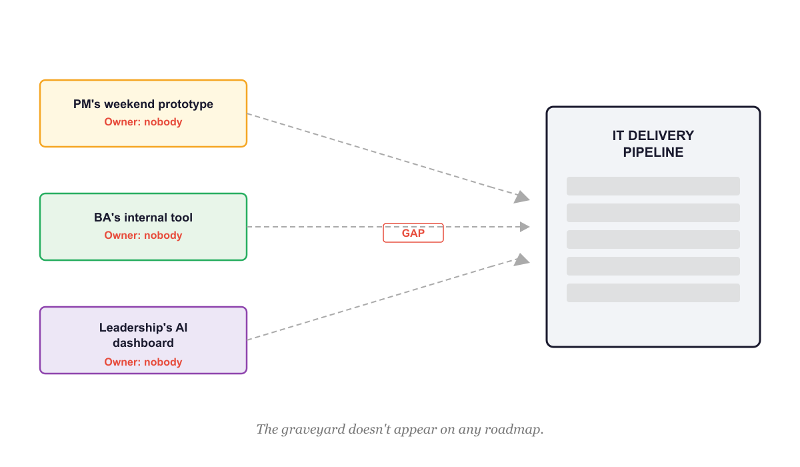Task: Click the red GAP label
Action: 413,233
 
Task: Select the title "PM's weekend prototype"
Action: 143,104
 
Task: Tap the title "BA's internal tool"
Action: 143,217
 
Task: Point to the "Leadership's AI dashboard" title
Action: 143,335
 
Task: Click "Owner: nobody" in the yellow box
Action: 143,122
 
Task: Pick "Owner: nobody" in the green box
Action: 143,236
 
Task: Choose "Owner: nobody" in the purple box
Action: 143,362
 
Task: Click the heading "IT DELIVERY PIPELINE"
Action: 653,143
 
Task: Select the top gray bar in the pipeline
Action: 653,186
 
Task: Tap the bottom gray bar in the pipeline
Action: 653,293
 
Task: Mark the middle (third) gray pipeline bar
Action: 653,240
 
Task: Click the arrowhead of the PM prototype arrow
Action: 522,197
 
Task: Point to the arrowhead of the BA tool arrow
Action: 524,227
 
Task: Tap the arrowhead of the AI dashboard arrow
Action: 522,259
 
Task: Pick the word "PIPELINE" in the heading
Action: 653,152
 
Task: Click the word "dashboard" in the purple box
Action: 143,343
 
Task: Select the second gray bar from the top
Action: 653,213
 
